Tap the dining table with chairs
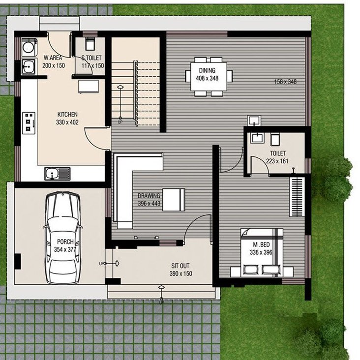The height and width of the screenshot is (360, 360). [x=209, y=76]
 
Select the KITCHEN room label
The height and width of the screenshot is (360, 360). [x=67, y=115]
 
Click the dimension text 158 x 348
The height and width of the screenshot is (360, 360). [x=285, y=81]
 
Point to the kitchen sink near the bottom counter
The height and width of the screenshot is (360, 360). [x=57, y=173]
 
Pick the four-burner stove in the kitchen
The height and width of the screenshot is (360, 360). [x=30, y=122]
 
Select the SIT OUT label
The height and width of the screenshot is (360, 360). [x=180, y=266]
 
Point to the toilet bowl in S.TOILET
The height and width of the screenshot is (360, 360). [x=90, y=44]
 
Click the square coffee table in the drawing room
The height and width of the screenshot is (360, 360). [x=174, y=199]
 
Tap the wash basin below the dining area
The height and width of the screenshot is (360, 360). [x=254, y=120]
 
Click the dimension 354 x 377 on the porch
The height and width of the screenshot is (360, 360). [x=65, y=249]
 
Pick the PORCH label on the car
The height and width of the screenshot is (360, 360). [x=65, y=242]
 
